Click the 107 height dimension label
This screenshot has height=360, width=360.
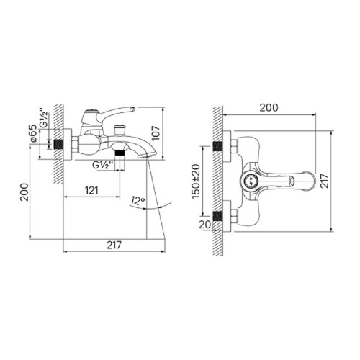point(156,133)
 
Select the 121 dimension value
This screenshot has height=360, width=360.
point(91,191)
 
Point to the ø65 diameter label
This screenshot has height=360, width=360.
point(33,133)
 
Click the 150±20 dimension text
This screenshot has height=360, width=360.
point(196,181)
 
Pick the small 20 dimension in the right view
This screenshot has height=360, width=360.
point(204,225)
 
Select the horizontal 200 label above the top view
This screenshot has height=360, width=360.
point(269,108)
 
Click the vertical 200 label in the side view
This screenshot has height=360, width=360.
point(24,192)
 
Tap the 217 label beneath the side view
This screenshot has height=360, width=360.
point(114,246)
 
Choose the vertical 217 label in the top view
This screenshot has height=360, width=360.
point(325,181)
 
